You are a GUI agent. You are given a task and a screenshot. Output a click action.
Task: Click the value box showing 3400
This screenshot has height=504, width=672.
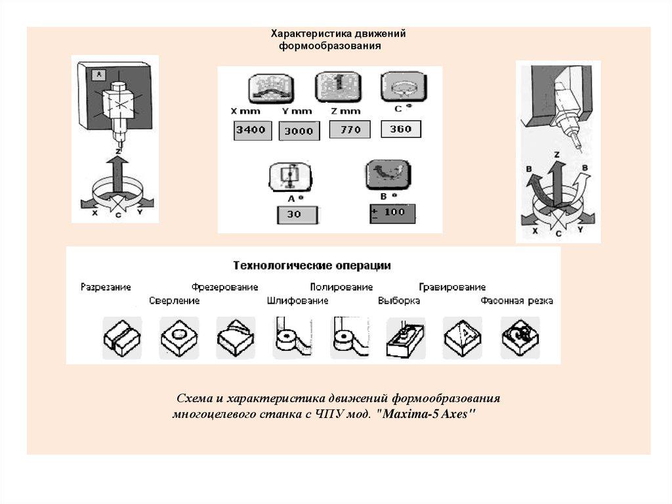click(251, 130)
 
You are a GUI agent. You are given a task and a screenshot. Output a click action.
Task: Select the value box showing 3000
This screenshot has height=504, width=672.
click(299, 131)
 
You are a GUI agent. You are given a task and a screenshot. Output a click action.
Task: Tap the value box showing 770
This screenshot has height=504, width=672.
click(350, 129)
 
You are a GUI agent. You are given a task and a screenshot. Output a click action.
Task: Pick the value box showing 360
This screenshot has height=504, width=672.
click(400, 129)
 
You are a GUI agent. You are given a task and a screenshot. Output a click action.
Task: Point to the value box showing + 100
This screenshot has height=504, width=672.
click(392, 213)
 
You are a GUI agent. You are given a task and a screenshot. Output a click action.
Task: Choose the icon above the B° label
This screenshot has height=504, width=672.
click(388, 175)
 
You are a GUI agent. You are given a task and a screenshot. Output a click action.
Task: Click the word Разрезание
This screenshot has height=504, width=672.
click(106, 287)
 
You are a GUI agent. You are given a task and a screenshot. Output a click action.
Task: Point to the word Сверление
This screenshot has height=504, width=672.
click(174, 301)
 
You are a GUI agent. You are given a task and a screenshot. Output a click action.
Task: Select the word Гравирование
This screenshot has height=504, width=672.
click(452, 287)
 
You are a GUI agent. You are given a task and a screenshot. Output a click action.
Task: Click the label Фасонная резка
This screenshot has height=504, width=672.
click(516, 301)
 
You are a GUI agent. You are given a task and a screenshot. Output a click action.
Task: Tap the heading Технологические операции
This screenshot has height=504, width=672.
click(312, 266)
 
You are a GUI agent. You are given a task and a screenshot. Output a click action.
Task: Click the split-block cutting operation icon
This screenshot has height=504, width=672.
click(121, 337)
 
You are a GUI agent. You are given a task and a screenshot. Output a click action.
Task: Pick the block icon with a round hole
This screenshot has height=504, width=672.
click(178, 337)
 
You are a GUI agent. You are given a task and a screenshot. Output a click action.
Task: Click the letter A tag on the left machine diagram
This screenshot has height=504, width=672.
click(99, 74)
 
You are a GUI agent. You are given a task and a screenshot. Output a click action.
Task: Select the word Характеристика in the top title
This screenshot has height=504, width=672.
click(312, 34)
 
